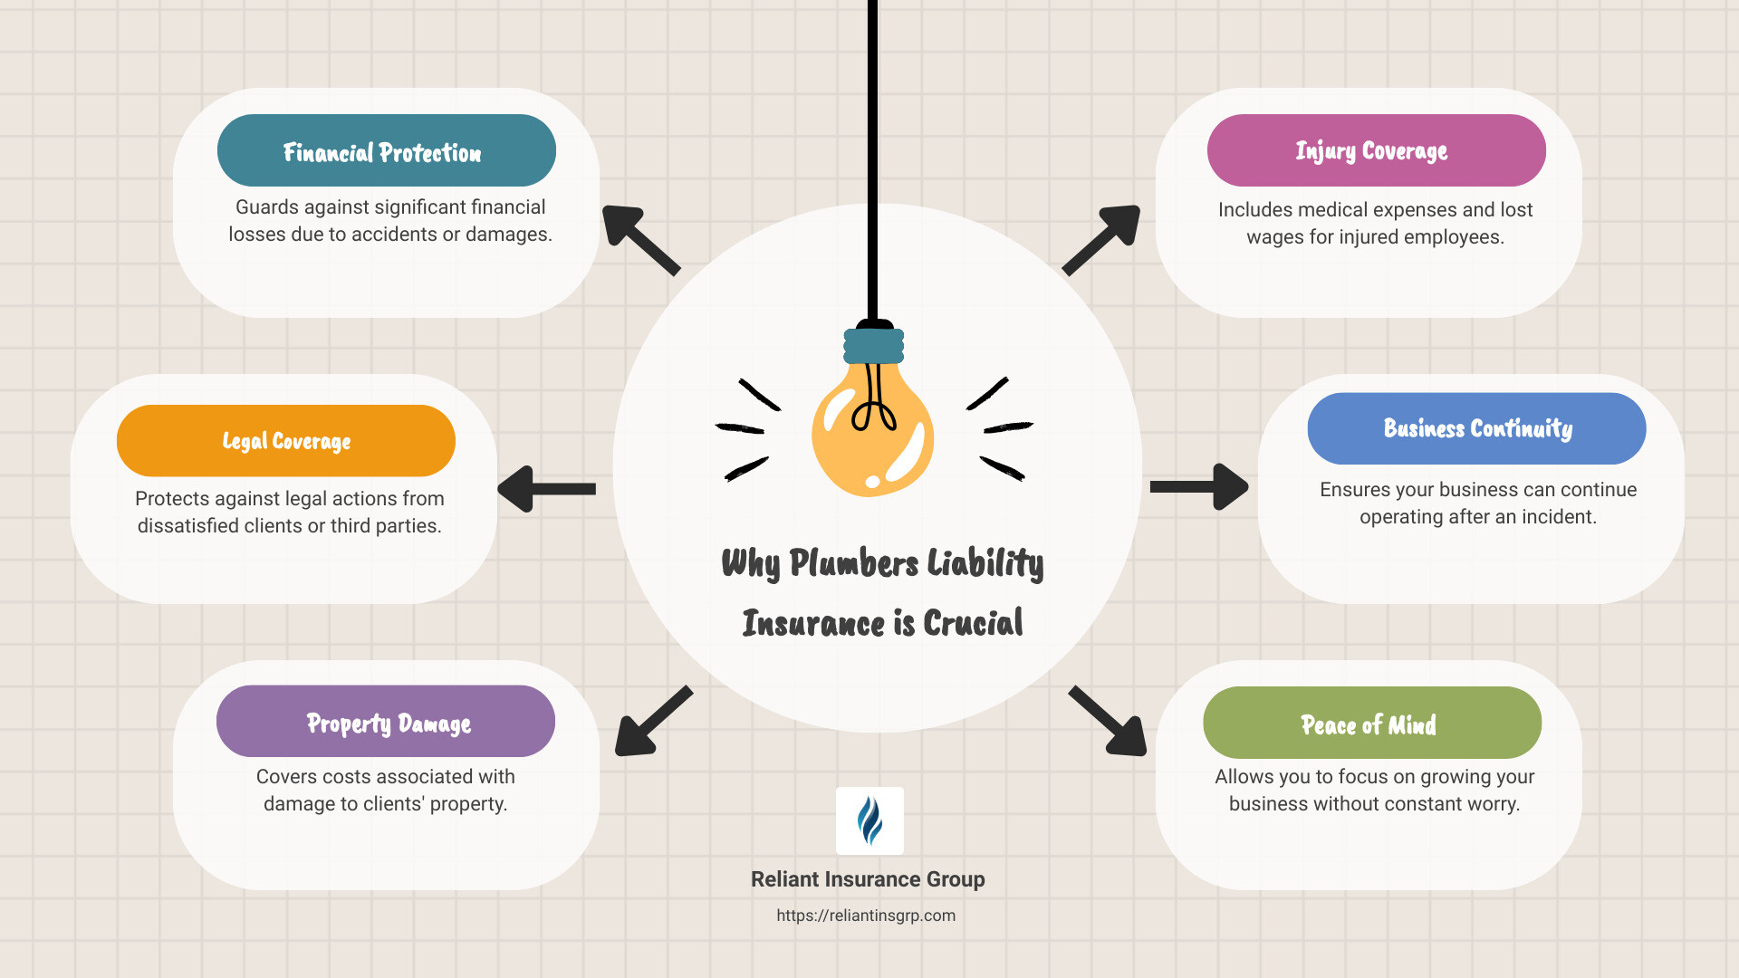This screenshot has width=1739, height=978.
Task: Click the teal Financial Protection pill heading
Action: coord(386,150)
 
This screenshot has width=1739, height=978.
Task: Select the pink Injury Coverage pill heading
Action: coord(1375,150)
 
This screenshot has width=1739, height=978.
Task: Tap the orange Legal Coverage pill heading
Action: coord(285,441)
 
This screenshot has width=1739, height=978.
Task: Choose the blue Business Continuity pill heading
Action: coord(1475,428)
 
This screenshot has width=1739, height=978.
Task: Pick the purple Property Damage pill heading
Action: coord(385,722)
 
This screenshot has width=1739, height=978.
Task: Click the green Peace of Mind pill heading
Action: coord(1371,723)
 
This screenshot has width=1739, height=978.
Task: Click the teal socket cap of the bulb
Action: coord(873,345)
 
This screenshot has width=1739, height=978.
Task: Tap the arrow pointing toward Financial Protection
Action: coord(639,239)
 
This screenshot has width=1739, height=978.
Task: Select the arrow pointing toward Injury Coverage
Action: coord(1102,239)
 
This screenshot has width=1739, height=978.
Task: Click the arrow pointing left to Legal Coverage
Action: coord(545,489)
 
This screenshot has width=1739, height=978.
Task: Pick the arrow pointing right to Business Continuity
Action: coord(1199,487)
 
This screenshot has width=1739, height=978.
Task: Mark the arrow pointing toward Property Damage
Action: coord(652,722)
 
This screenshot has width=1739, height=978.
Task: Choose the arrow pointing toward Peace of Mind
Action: coord(1109,722)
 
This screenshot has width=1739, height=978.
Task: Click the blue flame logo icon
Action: coord(869,820)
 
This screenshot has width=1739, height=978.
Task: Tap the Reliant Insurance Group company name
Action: coord(868,879)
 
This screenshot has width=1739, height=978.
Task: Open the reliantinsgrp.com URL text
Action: coord(866,916)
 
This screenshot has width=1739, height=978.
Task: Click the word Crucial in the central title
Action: coord(973,623)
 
